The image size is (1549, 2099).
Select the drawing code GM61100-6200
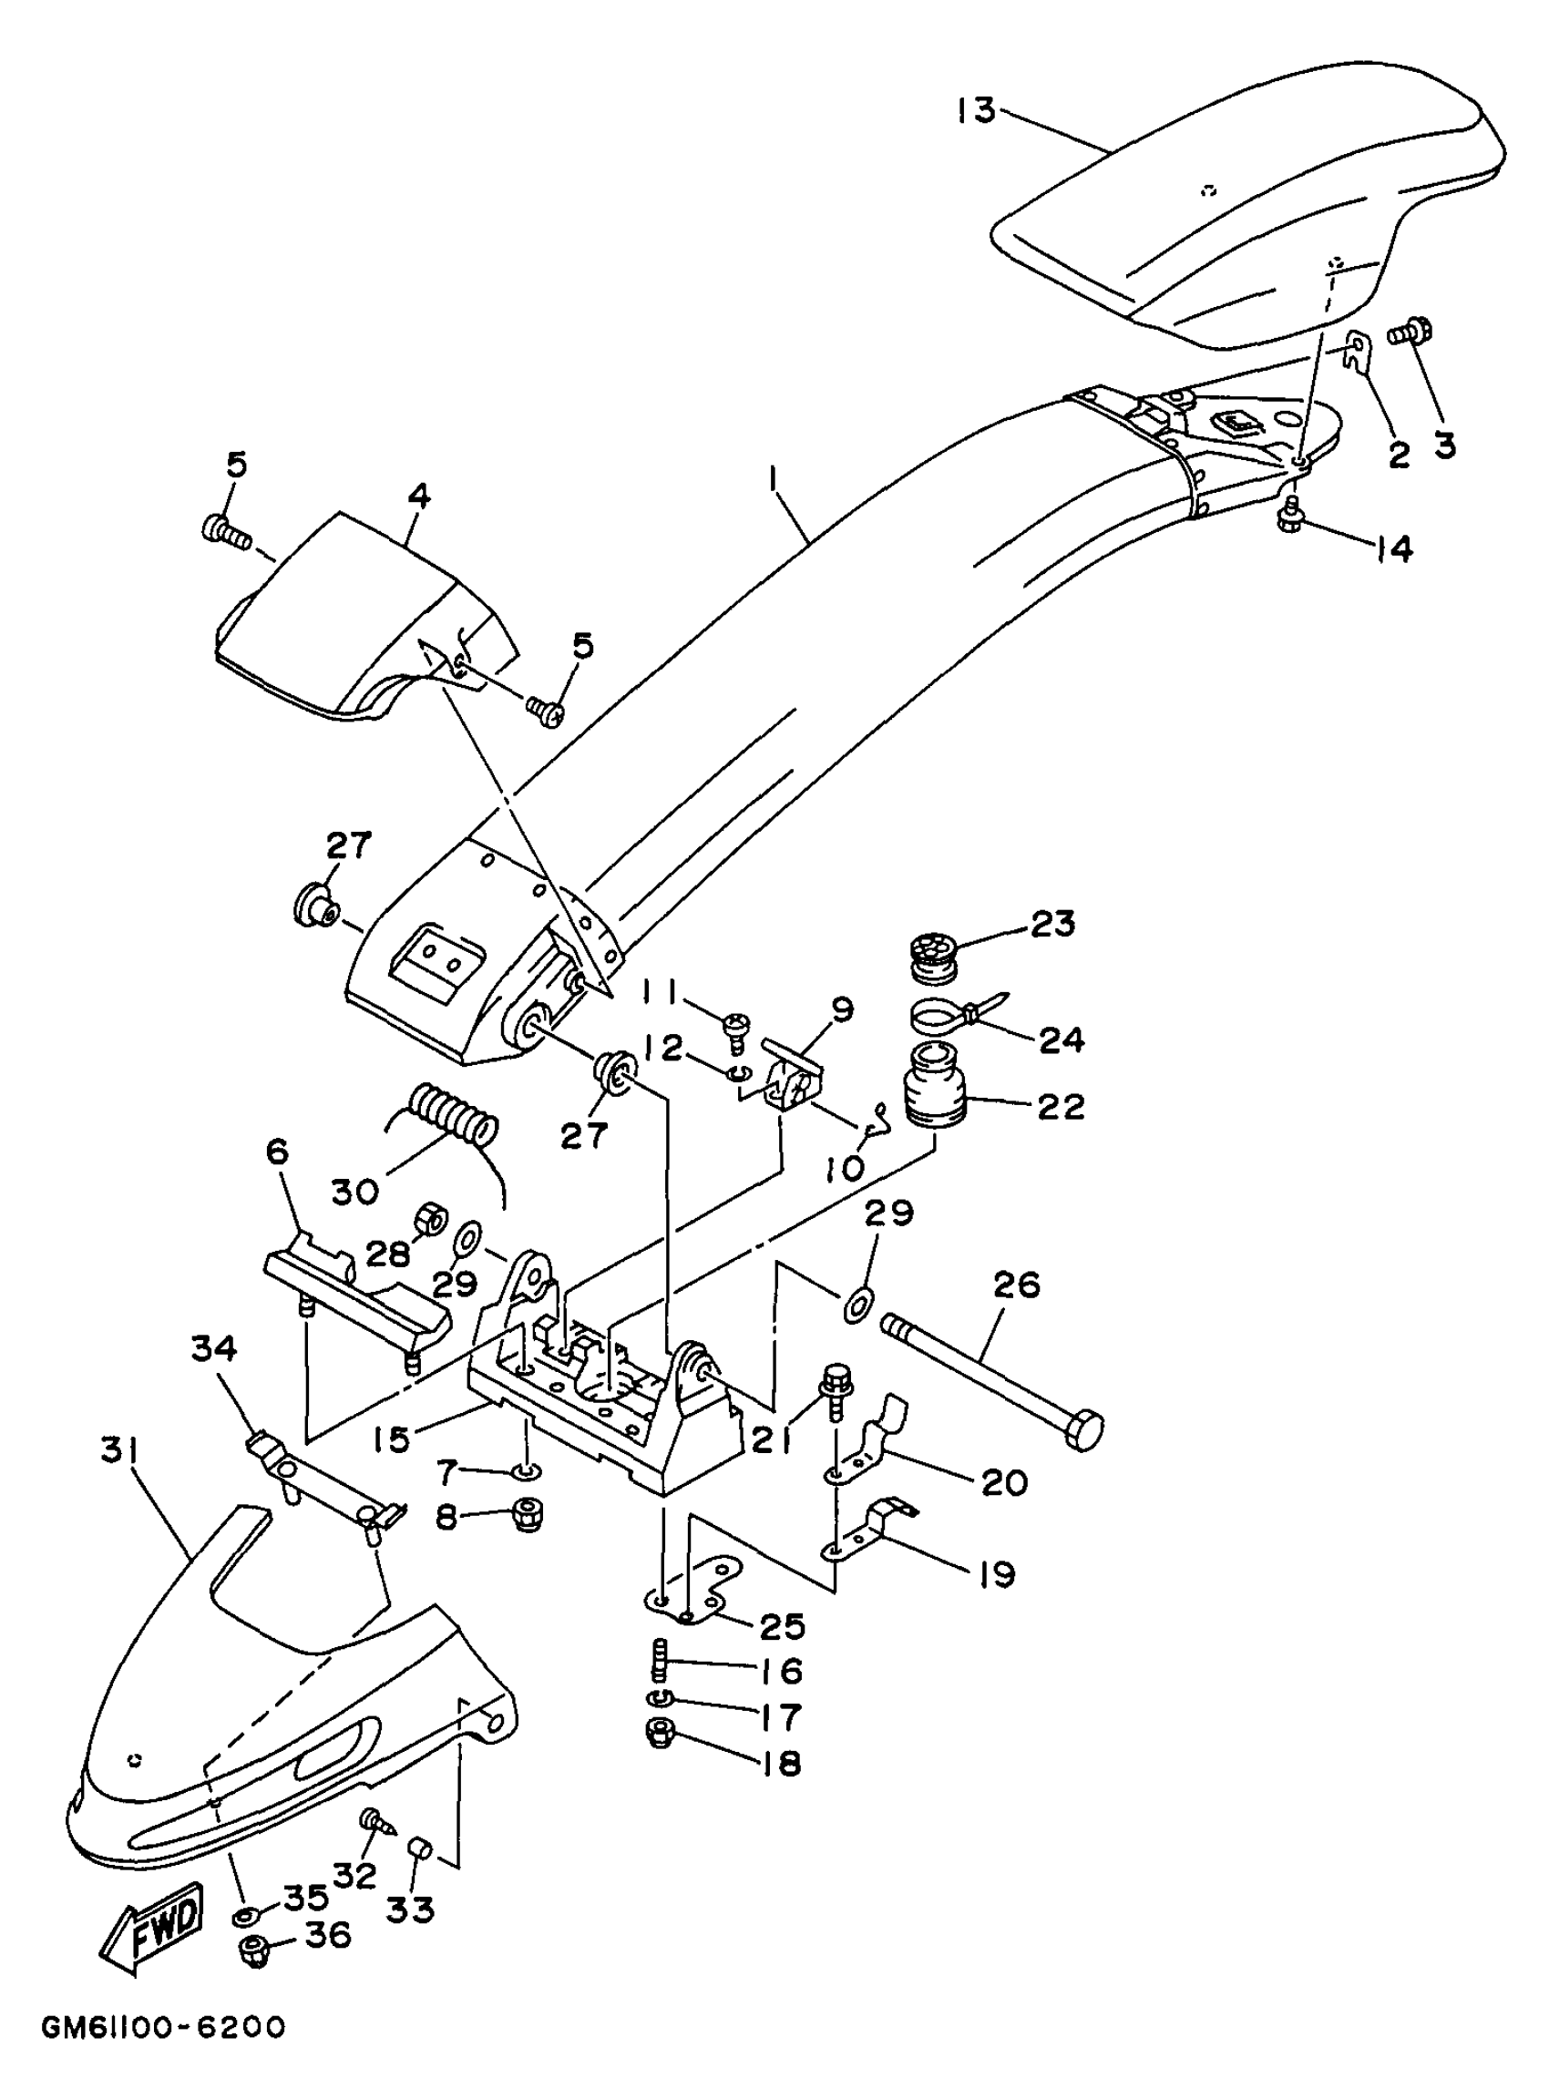[162, 2027]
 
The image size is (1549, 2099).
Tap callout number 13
[976, 110]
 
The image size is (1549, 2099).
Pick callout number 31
[119, 1452]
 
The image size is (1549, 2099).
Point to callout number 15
[390, 1439]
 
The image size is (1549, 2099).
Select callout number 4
[419, 496]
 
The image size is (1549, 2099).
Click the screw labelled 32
[375, 1823]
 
